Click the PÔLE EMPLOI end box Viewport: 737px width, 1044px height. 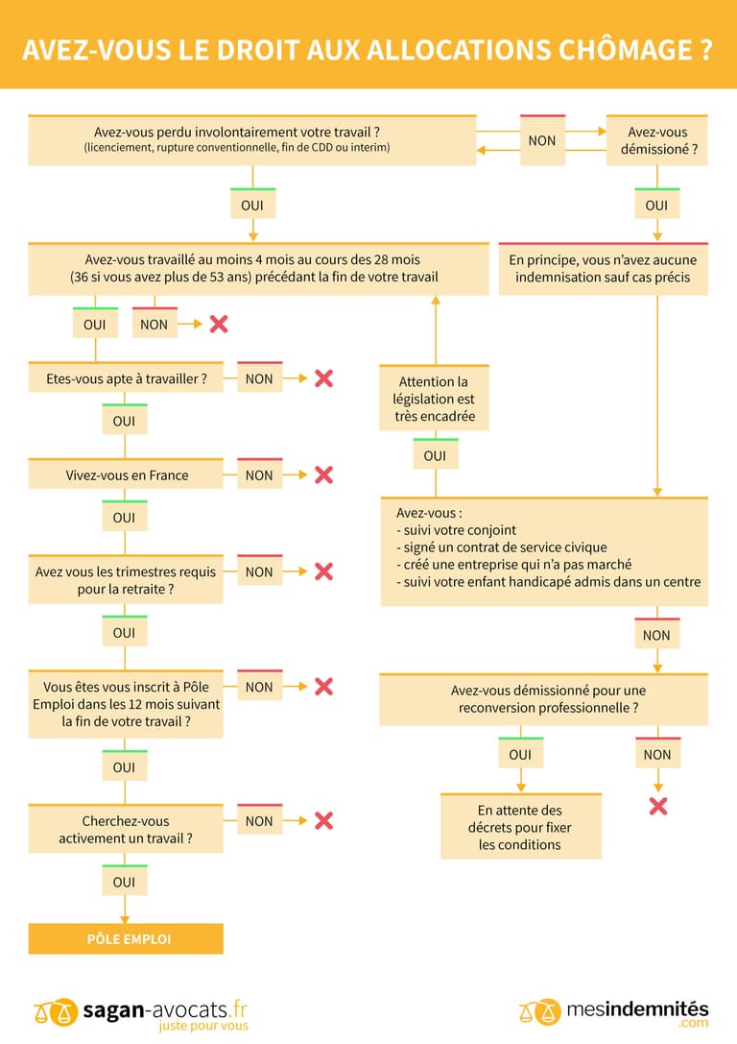tap(126, 938)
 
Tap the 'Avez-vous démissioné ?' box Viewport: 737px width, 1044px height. tap(657, 141)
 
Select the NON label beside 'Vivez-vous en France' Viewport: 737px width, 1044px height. tap(259, 474)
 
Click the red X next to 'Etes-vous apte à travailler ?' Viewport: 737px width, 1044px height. tap(323, 378)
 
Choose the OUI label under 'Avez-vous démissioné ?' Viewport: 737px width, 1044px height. tap(656, 206)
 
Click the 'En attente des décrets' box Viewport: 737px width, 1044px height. tap(520, 827)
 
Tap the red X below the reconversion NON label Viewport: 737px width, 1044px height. tap(657, 806)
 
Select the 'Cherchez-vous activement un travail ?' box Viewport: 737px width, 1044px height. tap(126, 829)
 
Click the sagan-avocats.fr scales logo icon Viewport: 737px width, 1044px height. tap(56, 1010)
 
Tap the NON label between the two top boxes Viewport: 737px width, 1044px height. tap(542, 140)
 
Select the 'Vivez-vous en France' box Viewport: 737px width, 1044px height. tap(126, 475)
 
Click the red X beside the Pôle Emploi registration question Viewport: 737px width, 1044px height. tap(323, 687)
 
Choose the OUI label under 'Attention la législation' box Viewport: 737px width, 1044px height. tap(435, 455)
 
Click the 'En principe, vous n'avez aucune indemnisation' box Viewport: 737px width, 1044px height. tap(603, 269)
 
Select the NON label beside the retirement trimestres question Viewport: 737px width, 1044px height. tap(259, 571)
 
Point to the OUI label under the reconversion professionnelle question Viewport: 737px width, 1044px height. tap(520, 754)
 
